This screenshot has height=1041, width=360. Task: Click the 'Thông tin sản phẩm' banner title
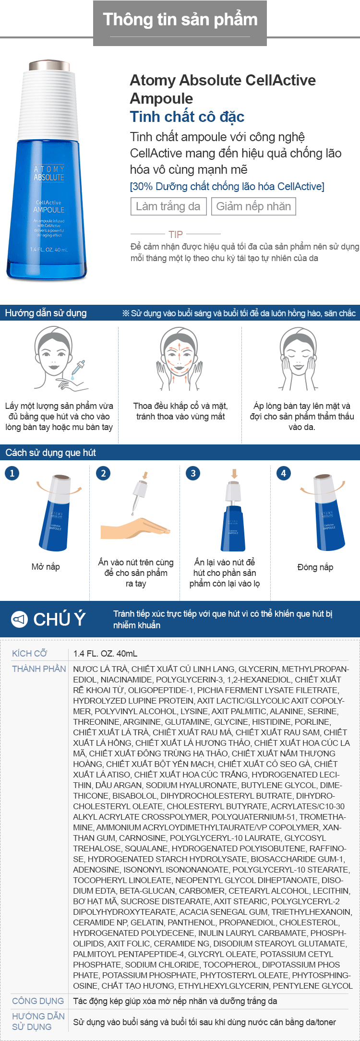180,19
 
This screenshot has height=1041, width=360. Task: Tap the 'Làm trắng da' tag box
168,206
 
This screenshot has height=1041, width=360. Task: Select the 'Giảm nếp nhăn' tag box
253,206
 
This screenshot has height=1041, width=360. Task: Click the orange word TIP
176,234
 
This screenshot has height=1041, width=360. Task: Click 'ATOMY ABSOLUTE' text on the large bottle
49,173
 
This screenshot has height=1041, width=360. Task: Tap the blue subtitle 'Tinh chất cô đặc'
187,117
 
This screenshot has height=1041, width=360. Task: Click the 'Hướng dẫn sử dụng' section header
46,313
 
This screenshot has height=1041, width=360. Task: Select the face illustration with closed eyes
299,358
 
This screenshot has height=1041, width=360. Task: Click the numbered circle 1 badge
12,473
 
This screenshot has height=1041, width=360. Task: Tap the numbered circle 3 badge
193,473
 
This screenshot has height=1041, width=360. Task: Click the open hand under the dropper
135,528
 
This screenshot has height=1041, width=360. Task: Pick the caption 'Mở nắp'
46,567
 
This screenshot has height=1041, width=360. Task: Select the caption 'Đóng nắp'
315,567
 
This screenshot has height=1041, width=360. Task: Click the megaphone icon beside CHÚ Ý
19,619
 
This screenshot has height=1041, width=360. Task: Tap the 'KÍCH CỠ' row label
30,653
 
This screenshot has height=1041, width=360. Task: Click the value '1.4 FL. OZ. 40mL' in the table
105,653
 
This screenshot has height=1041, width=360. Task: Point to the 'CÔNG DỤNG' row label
38,1001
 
